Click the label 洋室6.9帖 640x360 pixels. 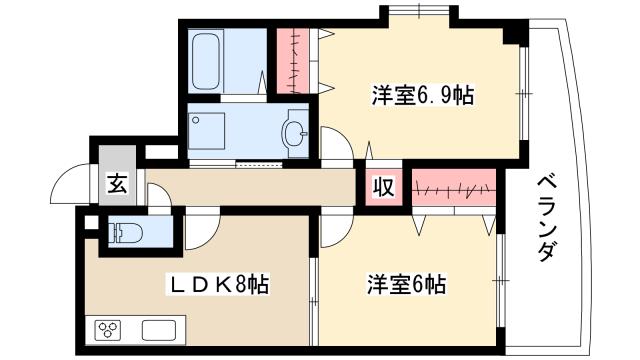409,97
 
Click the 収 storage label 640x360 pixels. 383,187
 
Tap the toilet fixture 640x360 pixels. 123,233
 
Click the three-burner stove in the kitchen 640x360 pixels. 107,331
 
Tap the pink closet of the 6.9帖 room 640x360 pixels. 291,59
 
